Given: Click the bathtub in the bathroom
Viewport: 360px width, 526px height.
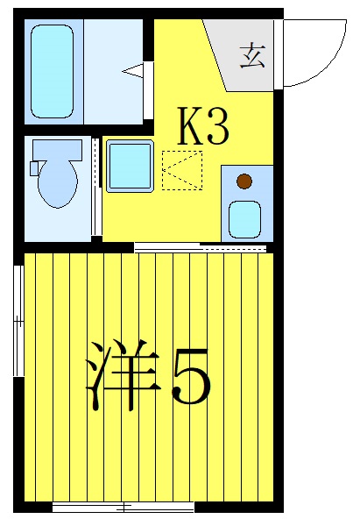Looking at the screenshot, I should click(52, 70).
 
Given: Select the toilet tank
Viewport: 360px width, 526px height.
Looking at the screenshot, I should click(56, 149).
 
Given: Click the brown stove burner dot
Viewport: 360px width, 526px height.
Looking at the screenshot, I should click(244, 182).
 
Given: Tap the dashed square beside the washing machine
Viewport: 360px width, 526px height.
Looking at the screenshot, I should click(182, 169).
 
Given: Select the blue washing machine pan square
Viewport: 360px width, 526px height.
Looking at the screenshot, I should click(130, 165).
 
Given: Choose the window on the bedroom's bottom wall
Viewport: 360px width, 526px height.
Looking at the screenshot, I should click(124, 507).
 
